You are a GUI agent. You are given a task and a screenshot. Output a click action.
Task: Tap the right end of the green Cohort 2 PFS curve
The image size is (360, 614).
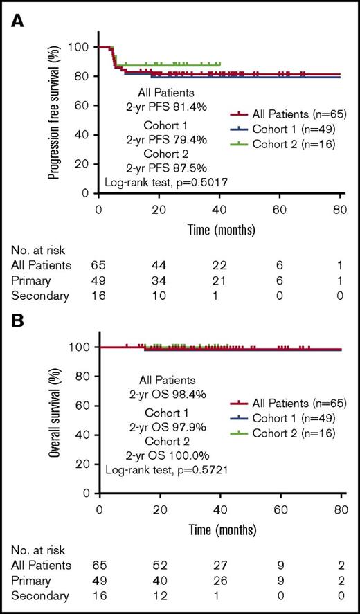point(219,64)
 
